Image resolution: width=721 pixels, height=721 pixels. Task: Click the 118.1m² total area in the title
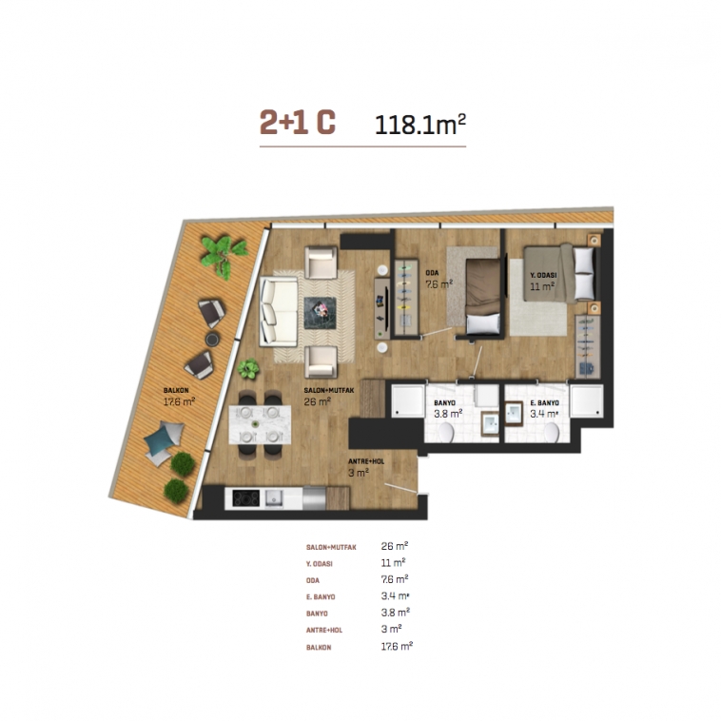pos(420,125)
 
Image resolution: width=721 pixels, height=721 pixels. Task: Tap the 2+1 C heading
pos(298,123)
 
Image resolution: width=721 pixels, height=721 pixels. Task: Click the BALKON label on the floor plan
pos(176,390)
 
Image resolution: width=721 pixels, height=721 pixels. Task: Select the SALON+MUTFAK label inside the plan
pos(329,390)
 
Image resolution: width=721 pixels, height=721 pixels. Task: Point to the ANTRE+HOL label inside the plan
pos(366,461)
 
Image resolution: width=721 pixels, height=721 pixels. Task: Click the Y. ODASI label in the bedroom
pos(543,275)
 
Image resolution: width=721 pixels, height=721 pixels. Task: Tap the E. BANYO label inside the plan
pos(544,402)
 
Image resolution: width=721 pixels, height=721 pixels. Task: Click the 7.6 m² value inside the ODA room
pos(439,283)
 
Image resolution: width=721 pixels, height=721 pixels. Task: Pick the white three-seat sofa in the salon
pos(279,311)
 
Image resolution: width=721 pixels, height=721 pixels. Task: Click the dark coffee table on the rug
pos(320,313)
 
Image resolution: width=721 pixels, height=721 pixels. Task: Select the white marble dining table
pos(260,424)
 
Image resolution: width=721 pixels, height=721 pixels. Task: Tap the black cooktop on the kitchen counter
pos(246,498)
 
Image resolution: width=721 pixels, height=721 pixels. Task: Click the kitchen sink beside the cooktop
pos(274,498)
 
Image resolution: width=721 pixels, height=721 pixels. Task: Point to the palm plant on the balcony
pos(224,256)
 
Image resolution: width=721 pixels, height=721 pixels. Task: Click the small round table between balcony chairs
pos(212,340)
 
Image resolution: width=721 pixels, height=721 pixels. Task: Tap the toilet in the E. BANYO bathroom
pos(551,432)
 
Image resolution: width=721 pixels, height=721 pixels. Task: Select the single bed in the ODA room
pos(483,297)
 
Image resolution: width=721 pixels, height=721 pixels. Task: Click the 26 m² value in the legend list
pos(395,546)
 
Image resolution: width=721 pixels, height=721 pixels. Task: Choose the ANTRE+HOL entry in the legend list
pos(324,630)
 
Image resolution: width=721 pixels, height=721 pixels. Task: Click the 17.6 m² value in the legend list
pos(397,646)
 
